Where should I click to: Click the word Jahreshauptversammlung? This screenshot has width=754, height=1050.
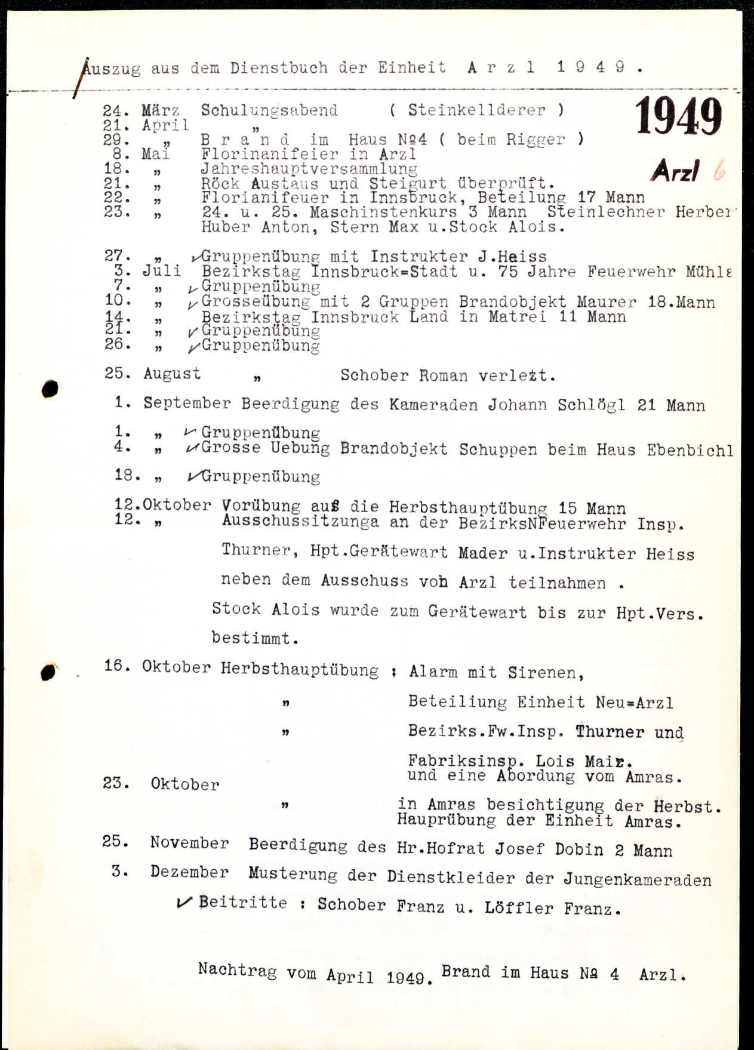(309, 170)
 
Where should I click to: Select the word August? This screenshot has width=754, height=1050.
(172, 374)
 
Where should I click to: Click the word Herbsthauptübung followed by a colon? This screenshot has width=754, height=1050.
(299, 670)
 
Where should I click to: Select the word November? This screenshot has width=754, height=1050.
(189, 843)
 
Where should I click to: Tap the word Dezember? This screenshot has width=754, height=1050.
(189, 873)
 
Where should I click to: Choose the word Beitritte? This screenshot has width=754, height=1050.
(243, 902)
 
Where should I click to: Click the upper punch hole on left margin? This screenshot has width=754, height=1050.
(50, 389)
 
